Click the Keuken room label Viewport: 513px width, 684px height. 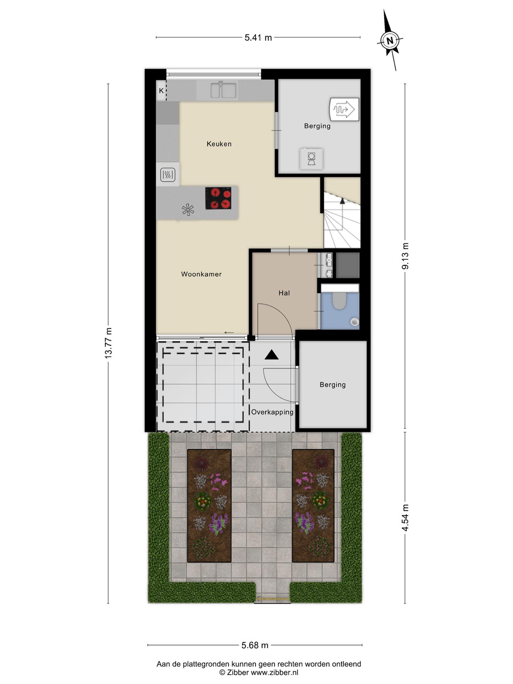219,144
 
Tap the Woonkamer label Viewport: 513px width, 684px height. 201,274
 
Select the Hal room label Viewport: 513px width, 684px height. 284,293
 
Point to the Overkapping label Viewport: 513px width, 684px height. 272,412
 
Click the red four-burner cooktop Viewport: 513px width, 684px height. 218,198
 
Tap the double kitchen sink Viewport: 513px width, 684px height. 224,90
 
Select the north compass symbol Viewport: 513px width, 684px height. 390,40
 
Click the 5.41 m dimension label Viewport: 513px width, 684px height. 258,38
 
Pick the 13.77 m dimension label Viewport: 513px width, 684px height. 108,343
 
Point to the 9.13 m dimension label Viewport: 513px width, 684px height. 405,256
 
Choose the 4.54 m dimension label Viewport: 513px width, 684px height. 405,518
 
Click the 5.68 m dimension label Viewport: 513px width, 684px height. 255,645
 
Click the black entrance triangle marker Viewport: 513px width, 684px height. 271,355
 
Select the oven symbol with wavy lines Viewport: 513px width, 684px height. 168,175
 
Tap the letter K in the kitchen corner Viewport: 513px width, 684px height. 161,91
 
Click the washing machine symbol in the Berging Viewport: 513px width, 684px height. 311,159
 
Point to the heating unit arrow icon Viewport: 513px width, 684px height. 344,109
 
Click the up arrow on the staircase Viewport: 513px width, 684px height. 342,201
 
